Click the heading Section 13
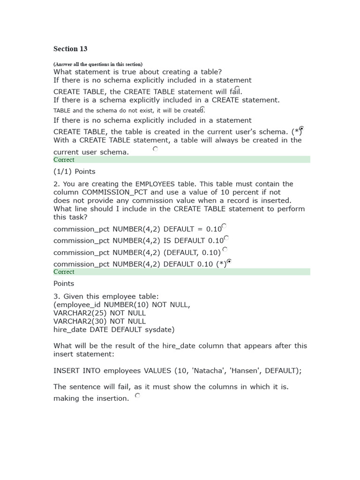(x=70, y=49)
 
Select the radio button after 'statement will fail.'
(x=237, y=89)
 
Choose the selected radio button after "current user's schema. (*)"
(x=301, y=128)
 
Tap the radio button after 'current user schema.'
(x=155, y=149)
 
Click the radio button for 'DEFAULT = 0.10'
(x=224, y=226)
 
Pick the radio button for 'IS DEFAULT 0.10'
(x=226, y=238)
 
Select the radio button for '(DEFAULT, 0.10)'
(x=225, y=249)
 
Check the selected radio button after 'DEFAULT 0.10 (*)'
(x=229, y=261)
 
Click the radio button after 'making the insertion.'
(x=137, y=396)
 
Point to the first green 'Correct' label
(x=64, y=159)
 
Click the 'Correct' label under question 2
(x=64, y=272)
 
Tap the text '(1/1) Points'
(x=74, y=172)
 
